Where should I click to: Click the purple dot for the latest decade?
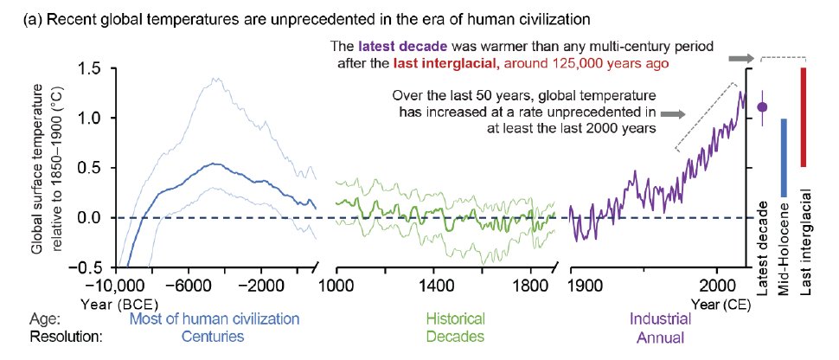tap(762, 107)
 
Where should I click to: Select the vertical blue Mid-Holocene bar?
tap(784, 157)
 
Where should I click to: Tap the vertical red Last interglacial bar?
tap(804, 117)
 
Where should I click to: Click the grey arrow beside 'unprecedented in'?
tap(672, 113)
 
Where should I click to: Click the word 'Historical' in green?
tap(457, 318)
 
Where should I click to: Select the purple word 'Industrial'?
tap(625, 318)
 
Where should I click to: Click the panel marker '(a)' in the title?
tap(32, 19)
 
